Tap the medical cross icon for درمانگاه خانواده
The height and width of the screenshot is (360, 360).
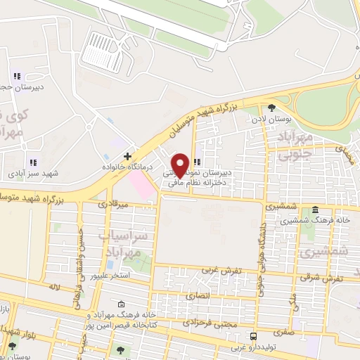[127, 156]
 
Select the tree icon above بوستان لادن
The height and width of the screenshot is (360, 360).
[271, 108]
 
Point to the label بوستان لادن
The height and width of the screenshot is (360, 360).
[271, 119]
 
